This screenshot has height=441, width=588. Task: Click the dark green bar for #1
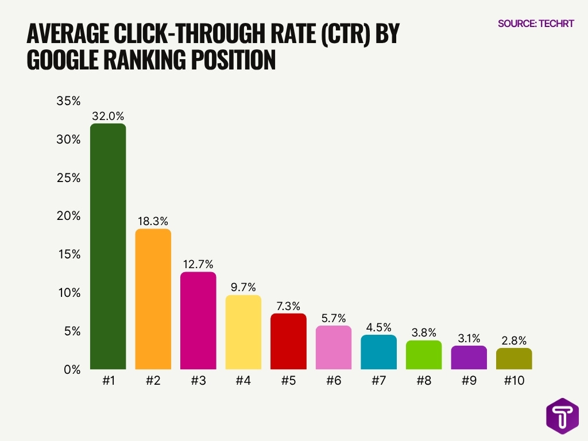click(108, 246)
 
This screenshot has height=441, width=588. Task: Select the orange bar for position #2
click(153, 299)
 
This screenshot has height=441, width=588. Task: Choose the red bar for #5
click(288, 341)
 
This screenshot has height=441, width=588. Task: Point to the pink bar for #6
click(334, 347)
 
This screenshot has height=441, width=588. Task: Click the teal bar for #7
click(379, 352)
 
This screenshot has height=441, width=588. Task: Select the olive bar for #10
click(514, 358)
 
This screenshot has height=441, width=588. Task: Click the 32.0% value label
click(108, 115)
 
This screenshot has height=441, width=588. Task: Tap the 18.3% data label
click(153, 220)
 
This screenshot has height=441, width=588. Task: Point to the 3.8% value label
click(424, 332)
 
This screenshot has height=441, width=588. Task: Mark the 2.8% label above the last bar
click(514, 340)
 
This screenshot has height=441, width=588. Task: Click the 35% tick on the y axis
click(68, 101)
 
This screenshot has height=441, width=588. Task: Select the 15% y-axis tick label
click(68, 254)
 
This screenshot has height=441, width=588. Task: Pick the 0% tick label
click(72, 370)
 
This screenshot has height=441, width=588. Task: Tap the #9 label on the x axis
click(469, 380)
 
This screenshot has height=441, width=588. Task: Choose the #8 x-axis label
click(424, 380)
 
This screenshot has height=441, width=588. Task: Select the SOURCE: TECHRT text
click(536, 24)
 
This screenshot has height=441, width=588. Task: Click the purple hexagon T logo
click(562, 416)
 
